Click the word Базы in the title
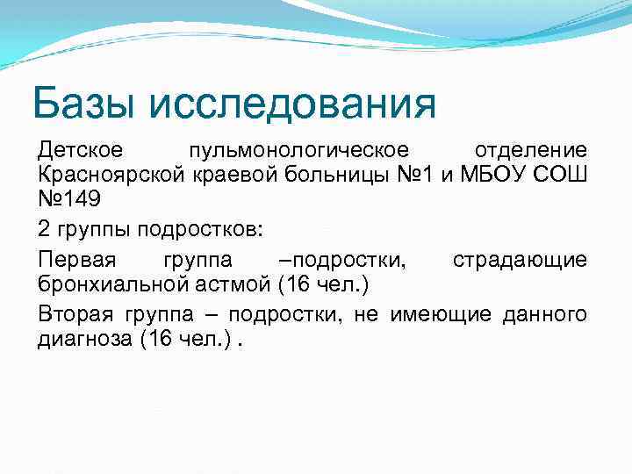click(83, 104)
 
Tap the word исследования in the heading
click(293, 104)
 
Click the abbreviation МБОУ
click(492, 175)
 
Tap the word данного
click(544, 312)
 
